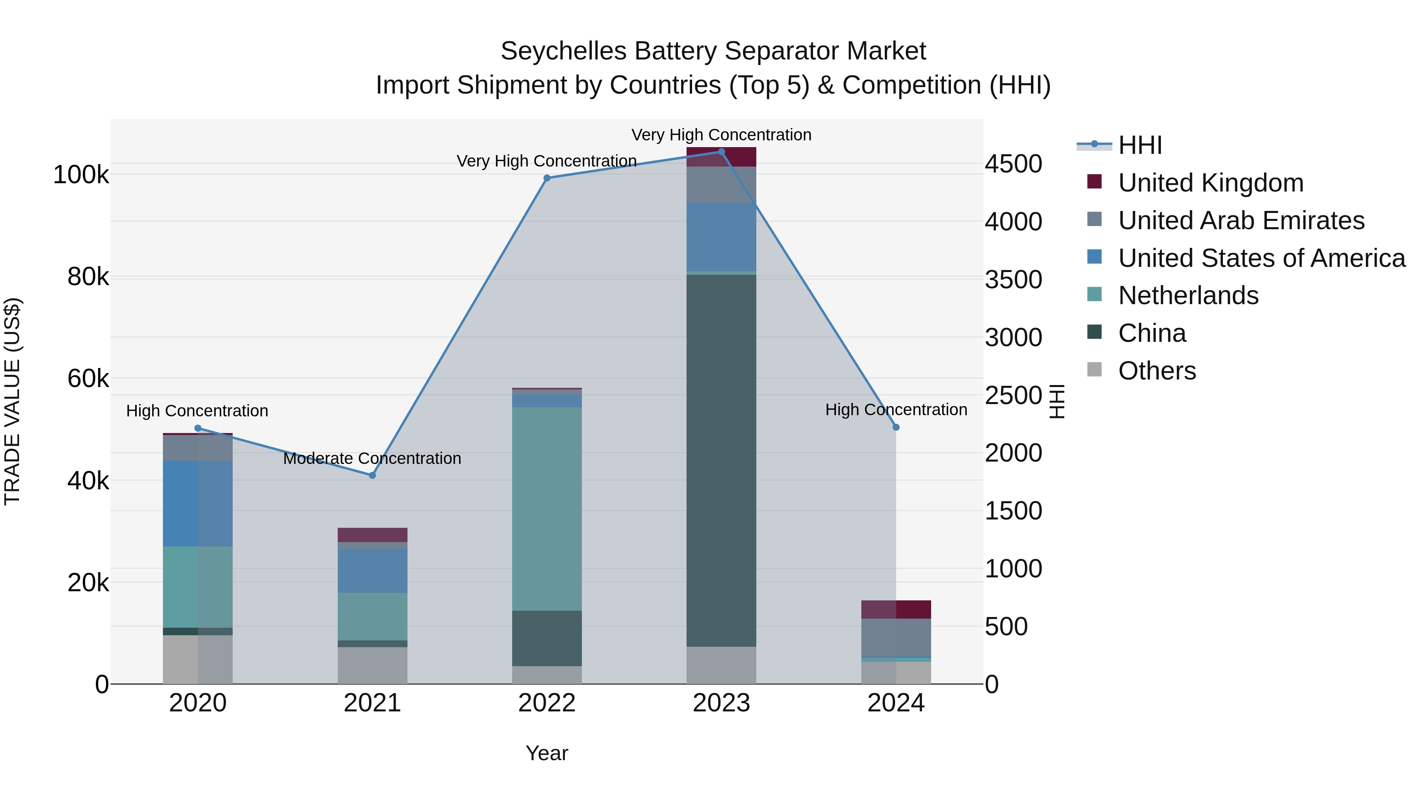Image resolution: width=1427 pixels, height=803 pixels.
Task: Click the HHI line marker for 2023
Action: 721,152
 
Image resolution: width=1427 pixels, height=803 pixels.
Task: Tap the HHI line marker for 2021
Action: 372,475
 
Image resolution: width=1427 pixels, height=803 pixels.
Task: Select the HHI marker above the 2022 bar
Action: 547,178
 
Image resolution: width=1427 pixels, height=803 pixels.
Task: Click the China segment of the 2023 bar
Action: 721,460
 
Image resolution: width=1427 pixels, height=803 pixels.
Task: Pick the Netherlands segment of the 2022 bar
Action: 547,509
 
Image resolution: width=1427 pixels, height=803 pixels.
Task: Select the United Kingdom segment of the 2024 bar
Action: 896,609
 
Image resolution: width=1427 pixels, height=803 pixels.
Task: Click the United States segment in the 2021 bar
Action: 372,571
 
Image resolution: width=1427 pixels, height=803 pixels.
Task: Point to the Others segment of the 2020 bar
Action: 198,659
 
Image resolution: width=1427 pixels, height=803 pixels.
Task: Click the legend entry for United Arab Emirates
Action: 1241,220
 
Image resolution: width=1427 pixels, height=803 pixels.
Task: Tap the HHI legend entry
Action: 1140,145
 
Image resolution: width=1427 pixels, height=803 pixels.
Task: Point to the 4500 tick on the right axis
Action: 1013,164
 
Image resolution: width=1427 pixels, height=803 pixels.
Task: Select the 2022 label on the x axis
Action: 547,703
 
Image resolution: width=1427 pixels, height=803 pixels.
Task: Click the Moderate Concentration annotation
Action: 372,458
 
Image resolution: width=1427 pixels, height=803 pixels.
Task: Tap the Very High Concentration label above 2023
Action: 721,135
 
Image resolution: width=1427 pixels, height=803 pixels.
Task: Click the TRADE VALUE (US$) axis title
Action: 12,401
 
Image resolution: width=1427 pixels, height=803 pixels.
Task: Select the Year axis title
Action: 547,753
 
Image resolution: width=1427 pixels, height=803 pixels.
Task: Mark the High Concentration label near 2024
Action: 896,410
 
